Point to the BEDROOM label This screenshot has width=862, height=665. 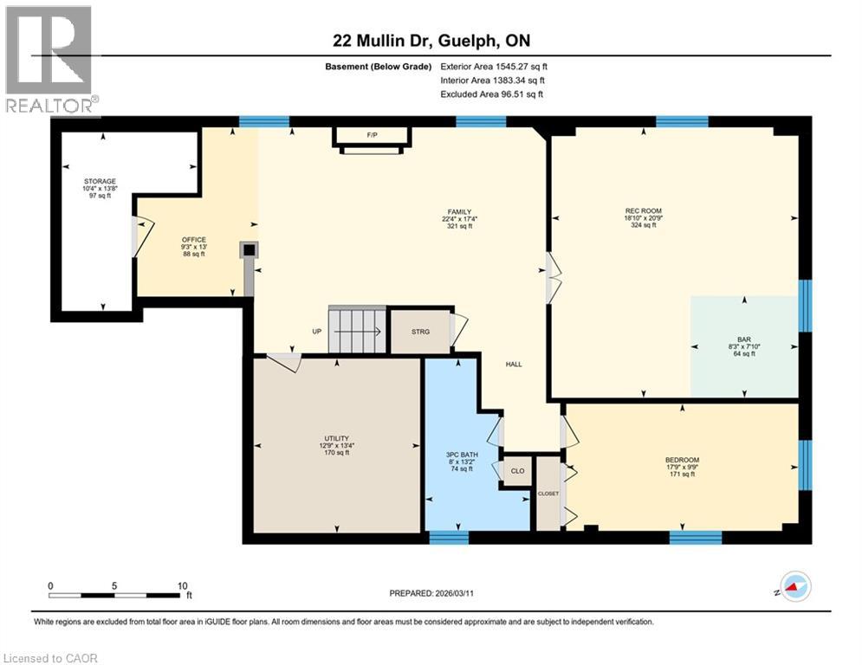[682, 460]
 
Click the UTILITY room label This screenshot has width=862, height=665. [337, 439]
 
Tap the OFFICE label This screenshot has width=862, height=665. [192, 240]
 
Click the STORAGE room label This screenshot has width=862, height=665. [100, 182]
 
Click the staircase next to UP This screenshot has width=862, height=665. [356, 330]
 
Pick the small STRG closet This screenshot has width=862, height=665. [419, 330]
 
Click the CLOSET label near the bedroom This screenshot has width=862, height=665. [548, 494]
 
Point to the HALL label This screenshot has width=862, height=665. [514, 365]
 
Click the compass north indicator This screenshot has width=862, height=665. [795, 586]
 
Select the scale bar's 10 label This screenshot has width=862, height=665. [182, 585]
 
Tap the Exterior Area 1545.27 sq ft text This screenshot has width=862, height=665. [494, 66]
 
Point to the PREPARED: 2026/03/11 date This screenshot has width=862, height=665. [431, 593]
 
